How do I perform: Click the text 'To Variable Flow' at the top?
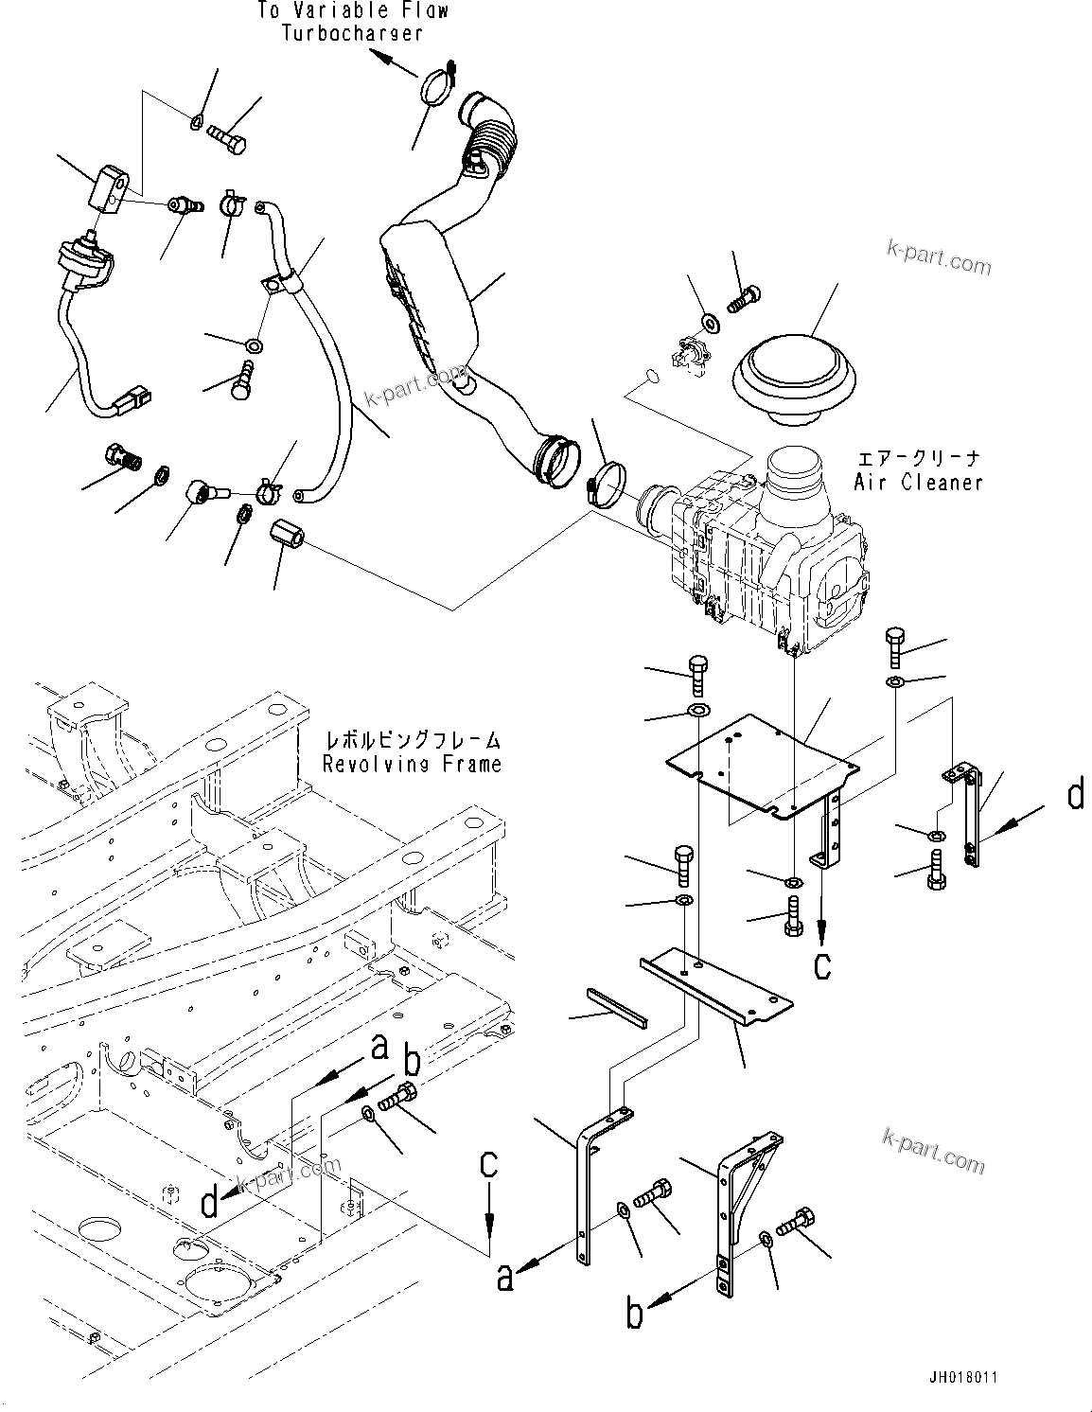coord(352,11)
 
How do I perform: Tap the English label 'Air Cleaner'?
coord(918,482)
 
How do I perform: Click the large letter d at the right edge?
coord(1075,795)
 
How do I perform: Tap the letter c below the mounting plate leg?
coord(822,964)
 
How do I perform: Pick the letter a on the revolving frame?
coord(380,1048)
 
